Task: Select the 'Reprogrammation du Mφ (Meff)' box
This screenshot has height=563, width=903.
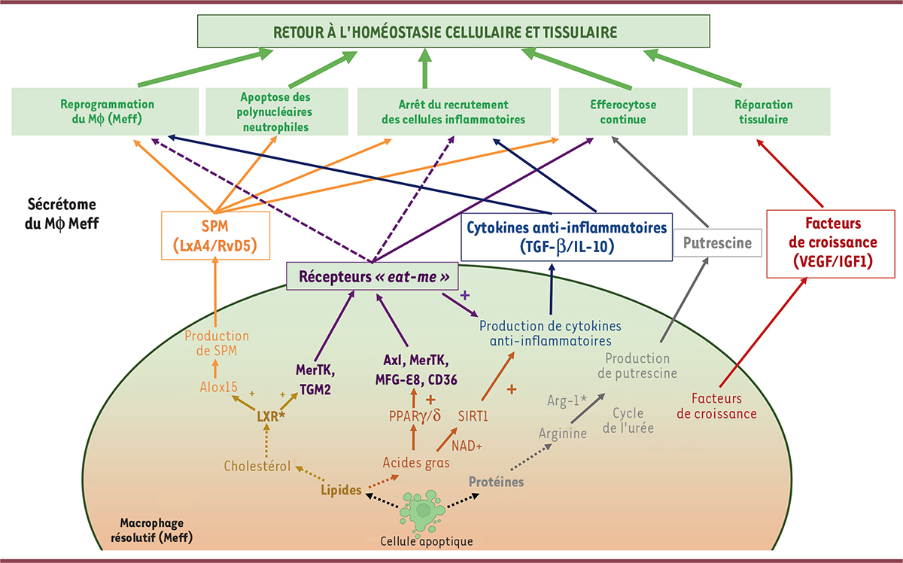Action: pos(105,112)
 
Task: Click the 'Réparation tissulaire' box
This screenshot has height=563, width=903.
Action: pos(761,112)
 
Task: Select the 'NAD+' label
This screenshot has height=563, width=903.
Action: pos(466,445)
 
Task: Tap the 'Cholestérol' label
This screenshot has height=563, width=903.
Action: pos(257,466)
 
